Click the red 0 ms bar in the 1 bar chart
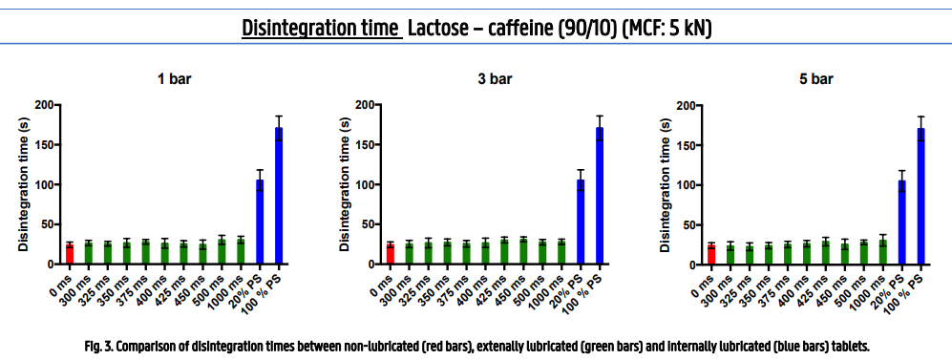[70, 254]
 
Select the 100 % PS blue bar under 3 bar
[600, 196]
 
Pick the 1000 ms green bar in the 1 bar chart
[241, 252]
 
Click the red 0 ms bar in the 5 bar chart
[711, 255]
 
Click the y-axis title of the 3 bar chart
[345, 184]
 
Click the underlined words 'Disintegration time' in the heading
[322, 28]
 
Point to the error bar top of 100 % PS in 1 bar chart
[279, 116]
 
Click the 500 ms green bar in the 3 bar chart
[543, 252]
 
